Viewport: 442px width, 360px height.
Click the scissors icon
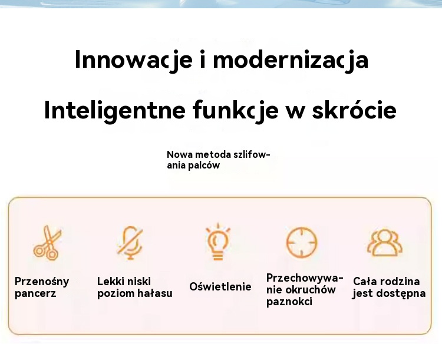(x=47, y=243)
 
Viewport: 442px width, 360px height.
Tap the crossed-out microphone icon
(x=130, y=242)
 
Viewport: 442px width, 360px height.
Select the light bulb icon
(x=218, y=242)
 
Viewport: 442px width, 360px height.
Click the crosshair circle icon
(x=302, y=243)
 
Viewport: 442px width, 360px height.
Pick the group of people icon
(x=385, y=243)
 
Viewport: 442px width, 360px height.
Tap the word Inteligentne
(x=115, y=111)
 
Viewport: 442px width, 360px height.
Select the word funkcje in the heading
(x=236, y=111)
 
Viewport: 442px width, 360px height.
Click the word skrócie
(x=354, y=110)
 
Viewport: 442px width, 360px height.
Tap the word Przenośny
(x=42, y=282)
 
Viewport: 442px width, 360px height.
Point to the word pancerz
(x=35, y=294)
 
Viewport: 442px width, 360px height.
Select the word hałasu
(x=154, y=293)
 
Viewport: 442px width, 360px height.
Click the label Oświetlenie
(x=220, y=287)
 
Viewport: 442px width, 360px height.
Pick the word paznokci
(x=289, y=302)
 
